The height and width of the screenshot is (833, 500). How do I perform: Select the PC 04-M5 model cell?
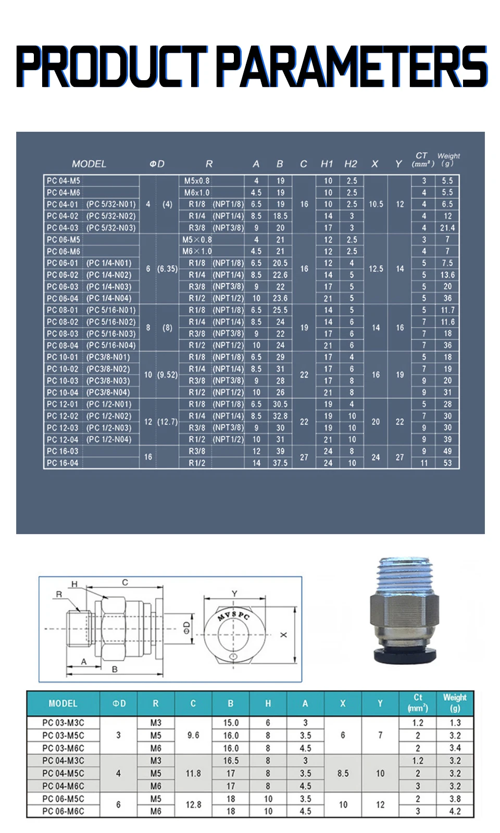pyautogui.click(x=63, y=181)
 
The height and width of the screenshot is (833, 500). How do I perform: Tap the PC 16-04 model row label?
pyautogui.click(x=63, y=463)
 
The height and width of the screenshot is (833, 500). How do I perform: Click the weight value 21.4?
pyautogui.click(x=447, y=228)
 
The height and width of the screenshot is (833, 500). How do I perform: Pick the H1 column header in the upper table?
pyautogui.click(x=327, y=164)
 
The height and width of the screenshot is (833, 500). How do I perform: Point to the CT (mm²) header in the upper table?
pyautogui.click(x=423, y=159)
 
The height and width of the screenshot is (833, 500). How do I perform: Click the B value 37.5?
pyautogui.click(x=280, y=463)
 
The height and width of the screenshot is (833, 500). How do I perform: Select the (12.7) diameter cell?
pyautogui.click(x=167, y=422)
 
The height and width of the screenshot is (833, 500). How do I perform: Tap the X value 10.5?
pyautogui.click(x=376, y=204)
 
